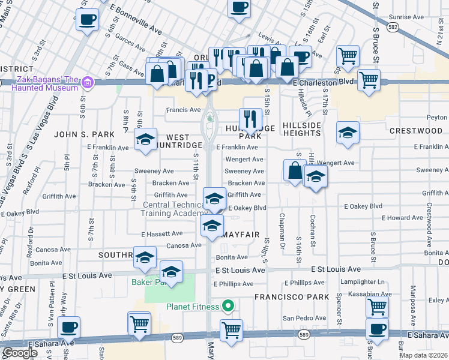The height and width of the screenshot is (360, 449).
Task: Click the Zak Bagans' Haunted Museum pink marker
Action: pos(88,81)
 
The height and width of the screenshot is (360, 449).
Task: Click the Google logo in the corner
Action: pos(20,353)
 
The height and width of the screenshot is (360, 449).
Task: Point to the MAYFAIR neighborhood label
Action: pos(241,236)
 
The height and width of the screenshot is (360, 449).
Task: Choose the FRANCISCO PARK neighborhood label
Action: pos(291,297)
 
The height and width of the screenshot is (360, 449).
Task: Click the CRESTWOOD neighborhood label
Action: pos(416,131)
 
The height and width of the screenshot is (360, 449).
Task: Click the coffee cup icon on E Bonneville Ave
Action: pos(87,20)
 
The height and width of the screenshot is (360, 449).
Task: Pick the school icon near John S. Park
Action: pos(145,140)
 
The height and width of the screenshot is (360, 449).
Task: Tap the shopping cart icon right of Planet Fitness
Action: pos(231,329)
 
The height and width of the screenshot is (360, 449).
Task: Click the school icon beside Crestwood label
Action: pos(347,133)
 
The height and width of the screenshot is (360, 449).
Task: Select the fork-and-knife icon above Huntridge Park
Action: pos(249,119)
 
